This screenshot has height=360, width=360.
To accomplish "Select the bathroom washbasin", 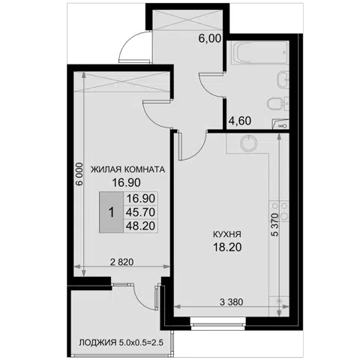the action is pos(283,79).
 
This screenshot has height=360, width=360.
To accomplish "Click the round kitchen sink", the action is pos(248,143).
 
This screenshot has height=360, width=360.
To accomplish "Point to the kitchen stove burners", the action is pos(280,211).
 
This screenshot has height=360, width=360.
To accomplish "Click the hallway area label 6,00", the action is pos(210,39).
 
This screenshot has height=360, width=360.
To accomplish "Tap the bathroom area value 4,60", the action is pos(240,121).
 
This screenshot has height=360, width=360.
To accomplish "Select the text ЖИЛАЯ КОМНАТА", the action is pos(127,169).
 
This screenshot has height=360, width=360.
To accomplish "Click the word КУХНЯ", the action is pos(227,235).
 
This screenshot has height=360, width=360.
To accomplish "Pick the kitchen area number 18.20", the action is pos(227,247).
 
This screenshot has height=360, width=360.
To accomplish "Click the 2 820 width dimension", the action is pos(122,262).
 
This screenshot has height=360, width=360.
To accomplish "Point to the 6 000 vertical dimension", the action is pos(79,174).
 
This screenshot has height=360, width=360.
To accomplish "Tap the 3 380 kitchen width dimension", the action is pos(231,302).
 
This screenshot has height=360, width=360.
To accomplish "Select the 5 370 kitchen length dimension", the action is pos(275,225).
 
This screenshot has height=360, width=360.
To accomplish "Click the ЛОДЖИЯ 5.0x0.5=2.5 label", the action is pos(121,343).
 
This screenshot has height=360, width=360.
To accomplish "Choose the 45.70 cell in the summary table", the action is pos(140,212).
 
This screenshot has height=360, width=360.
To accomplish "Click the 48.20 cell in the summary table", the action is pos(140,226).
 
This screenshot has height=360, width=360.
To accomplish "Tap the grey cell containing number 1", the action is pos(112,212).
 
